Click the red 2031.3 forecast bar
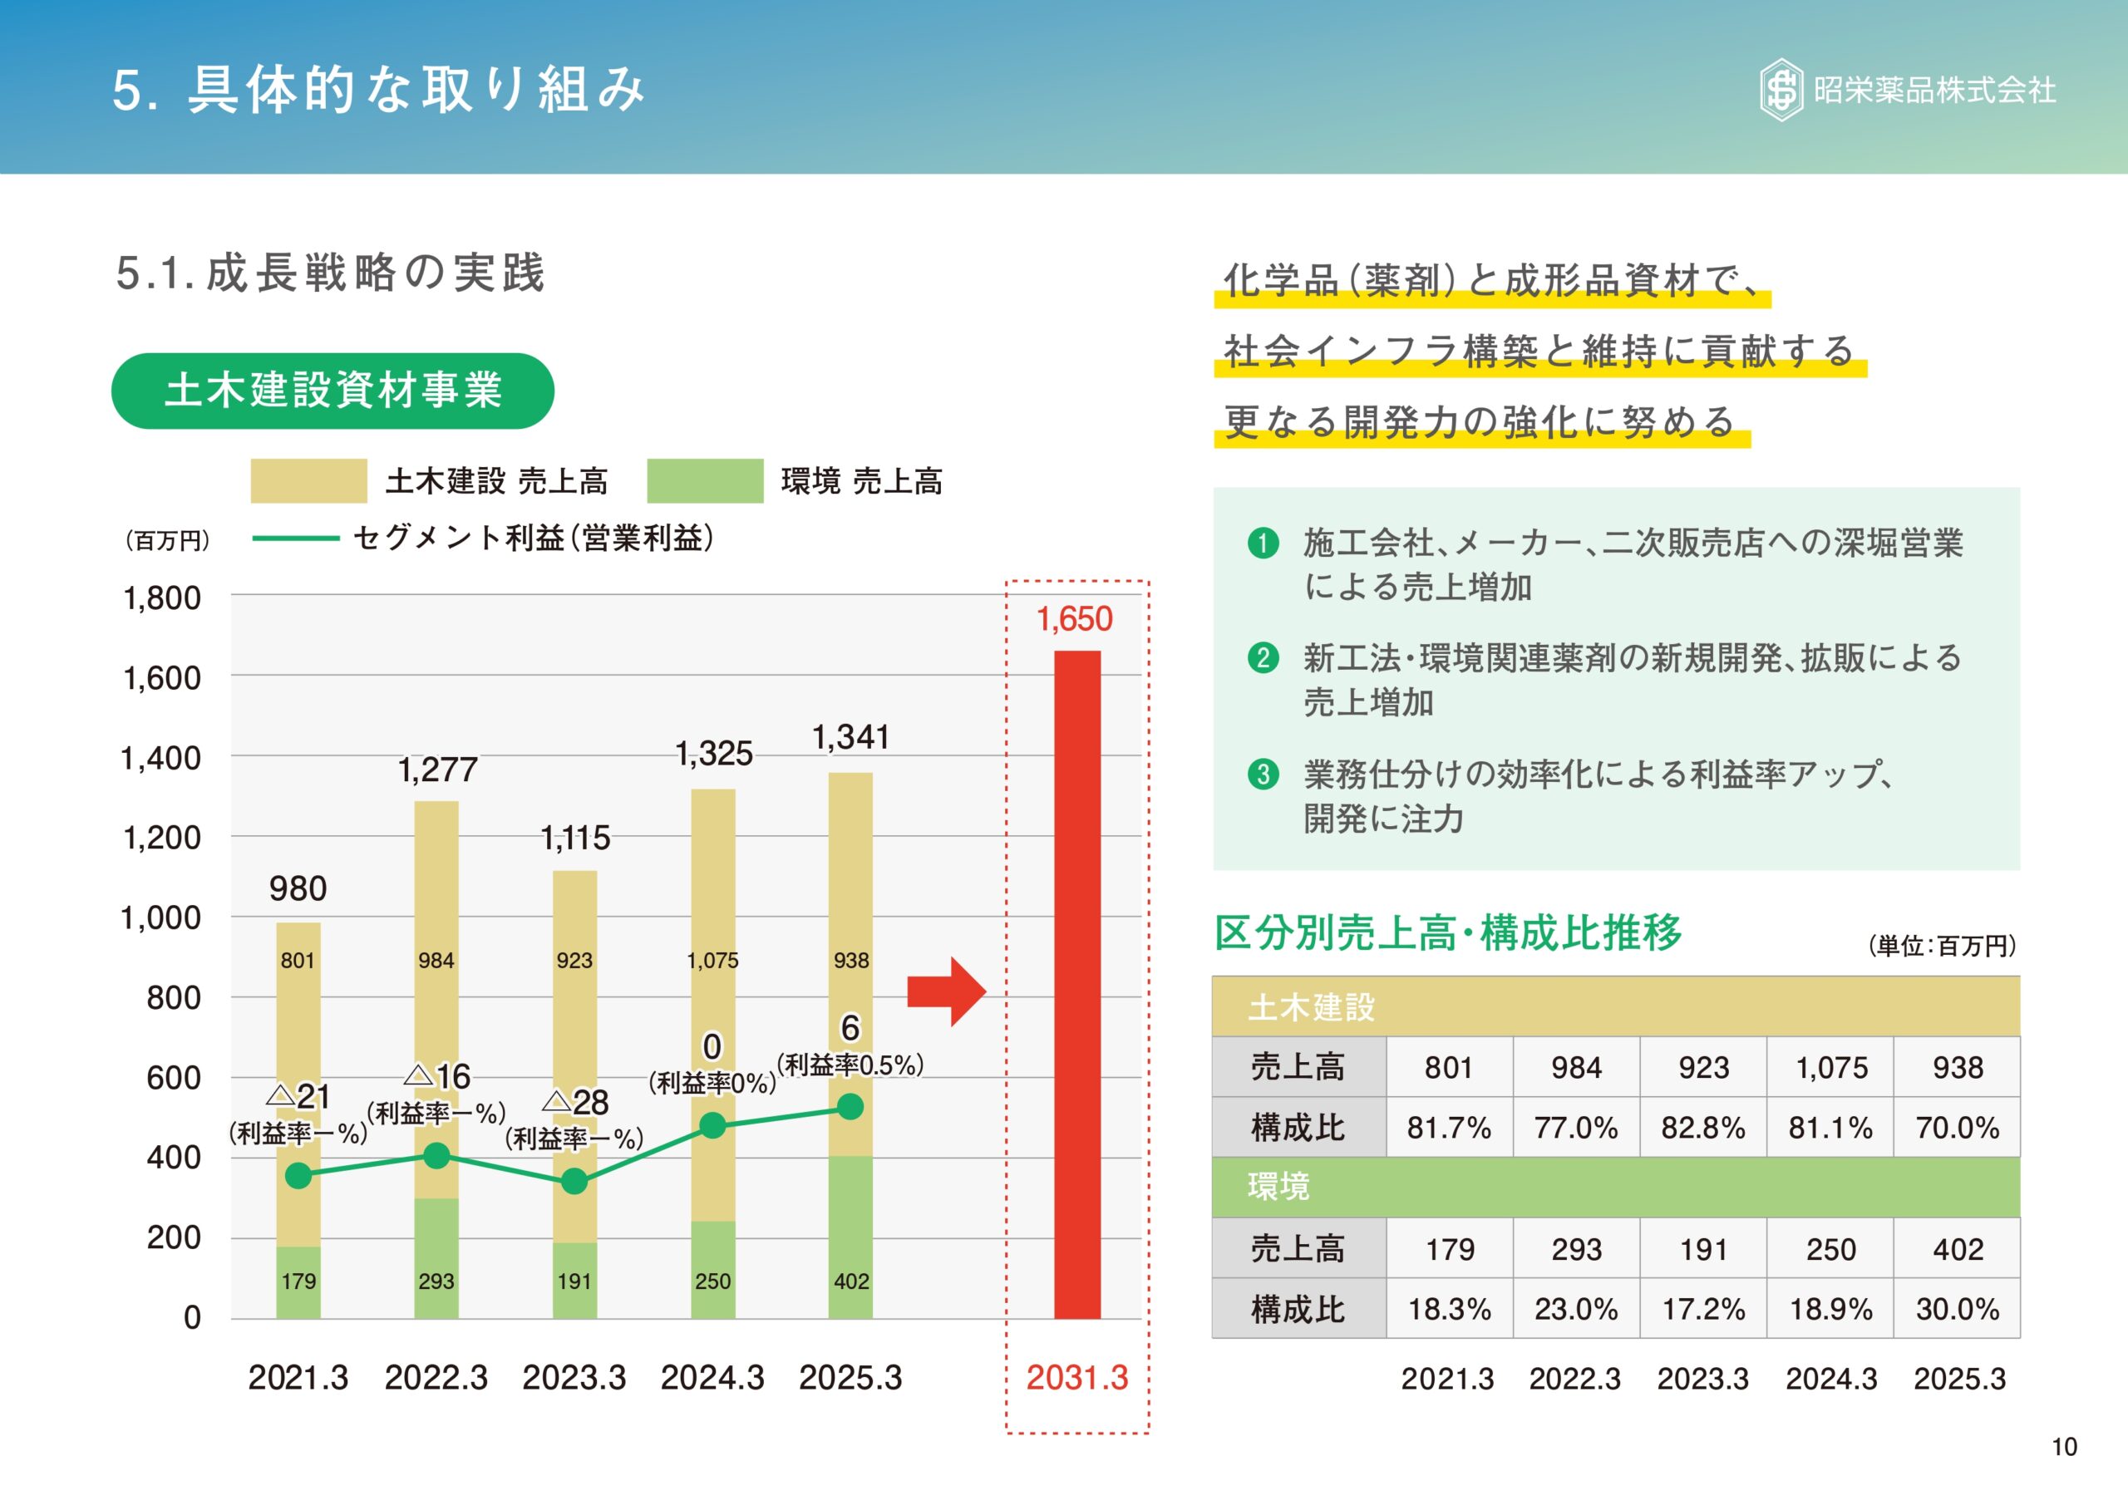click(x=1077, y=984)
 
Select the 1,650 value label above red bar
click(x=1074, y=619)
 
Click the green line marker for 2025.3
click(x=850, y=1106)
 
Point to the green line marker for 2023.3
click(x=574, y=1182)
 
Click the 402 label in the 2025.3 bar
click(x=851, y=1281)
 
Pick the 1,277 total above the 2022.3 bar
click(x=437, y=770)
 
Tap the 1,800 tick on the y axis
click(x=162, y=598)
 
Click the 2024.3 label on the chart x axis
click(x=712, y=1378)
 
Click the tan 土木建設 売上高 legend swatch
click(x=308, y=481)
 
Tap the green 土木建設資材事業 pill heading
click(x=332, y=390)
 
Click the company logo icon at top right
click(x=1781, y=90)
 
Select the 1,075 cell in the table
click(x=1830, y=1068)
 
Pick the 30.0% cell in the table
click(x=1958, y=1310)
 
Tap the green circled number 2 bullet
click(x=1263, y=658)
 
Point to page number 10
click(x=2064, y=1447)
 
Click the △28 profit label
click(x=577, y=1102)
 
